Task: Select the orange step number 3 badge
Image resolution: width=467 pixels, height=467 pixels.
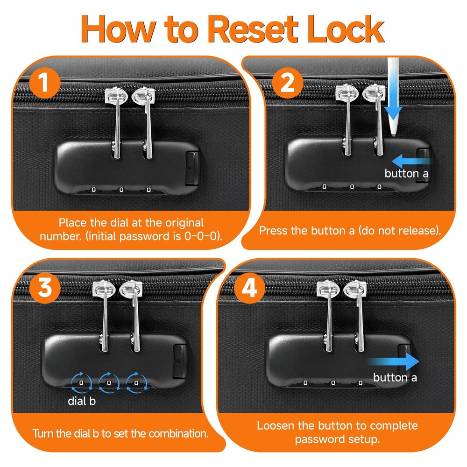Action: (x=45, y=288)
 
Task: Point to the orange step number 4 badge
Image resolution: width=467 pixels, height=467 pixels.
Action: (x=249, y=288)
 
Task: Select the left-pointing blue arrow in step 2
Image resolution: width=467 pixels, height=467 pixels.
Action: (x=412, y=161)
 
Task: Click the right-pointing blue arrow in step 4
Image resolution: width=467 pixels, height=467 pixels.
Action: (x=393, y=361)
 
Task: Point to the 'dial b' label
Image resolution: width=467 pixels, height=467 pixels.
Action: (x=82, y=401)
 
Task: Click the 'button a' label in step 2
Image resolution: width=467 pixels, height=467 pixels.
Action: (x=406, y=173)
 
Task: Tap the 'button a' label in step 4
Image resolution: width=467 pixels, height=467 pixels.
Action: (x=395, y=378)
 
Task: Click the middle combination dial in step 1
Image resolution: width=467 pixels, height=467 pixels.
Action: (x=121, y=190)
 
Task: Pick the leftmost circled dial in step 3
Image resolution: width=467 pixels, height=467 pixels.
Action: (x=81, y=383)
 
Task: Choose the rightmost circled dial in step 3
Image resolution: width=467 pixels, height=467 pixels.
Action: (x=136, y=383)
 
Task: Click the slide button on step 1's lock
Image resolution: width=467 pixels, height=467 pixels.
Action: (x=192, y=168)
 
